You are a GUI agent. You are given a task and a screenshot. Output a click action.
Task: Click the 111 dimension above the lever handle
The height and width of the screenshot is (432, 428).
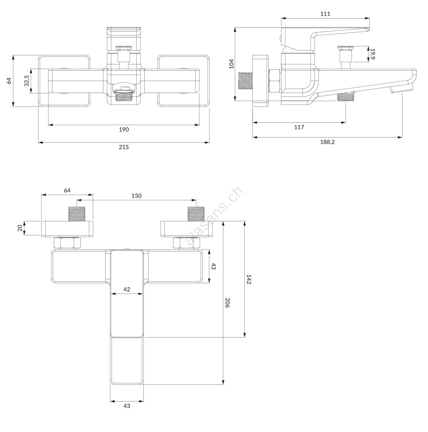pyautogui.click(x=325, y=14)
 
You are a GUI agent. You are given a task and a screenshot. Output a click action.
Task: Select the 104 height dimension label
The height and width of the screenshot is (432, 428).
pyautogui.click(x=231, y=64)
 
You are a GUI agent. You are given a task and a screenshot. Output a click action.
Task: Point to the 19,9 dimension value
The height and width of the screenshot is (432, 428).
pyautogui.click(x=373, y=54)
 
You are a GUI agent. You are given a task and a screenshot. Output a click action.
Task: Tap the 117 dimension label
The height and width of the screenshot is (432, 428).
pyautogui.click(x=299, y=127)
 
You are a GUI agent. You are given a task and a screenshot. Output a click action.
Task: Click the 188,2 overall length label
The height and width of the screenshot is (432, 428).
pyautogui.click(x=327, y=142)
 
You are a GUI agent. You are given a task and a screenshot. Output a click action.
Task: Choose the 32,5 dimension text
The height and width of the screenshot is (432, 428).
pyautogui.click(x=27, y=81)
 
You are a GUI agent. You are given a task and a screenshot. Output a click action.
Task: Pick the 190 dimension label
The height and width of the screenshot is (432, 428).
pyautogui.click(x=124, y=129)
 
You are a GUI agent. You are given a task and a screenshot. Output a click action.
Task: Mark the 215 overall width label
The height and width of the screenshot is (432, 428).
pyautogui.click(x=124, y=147)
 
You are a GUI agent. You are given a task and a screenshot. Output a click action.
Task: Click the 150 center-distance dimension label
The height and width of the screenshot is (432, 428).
pyautogui.click(x=136, y=196)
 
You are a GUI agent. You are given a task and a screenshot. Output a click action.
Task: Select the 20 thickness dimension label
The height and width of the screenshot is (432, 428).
pyautogui.click(x=20, y=228)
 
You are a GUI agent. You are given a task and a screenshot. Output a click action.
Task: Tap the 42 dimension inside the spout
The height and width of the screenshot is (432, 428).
pyautogui.click(x=127, y=289)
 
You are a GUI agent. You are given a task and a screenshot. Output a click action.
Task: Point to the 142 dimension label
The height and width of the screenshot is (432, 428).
pyautogui.click(x=249, y=279)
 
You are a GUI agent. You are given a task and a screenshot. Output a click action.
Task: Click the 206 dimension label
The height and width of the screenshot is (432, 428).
pyautogui.click(x=227, y=303)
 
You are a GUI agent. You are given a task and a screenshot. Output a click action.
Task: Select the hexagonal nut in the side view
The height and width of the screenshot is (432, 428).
pyautogui.click(x=274, y=81)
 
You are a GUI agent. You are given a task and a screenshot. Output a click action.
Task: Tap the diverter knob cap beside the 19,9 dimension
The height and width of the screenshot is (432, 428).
pyautogui.click(x=346, y=48)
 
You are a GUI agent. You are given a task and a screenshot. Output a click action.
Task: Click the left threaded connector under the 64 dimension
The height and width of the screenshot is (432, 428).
pyautogui.click(x=76, y=214)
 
